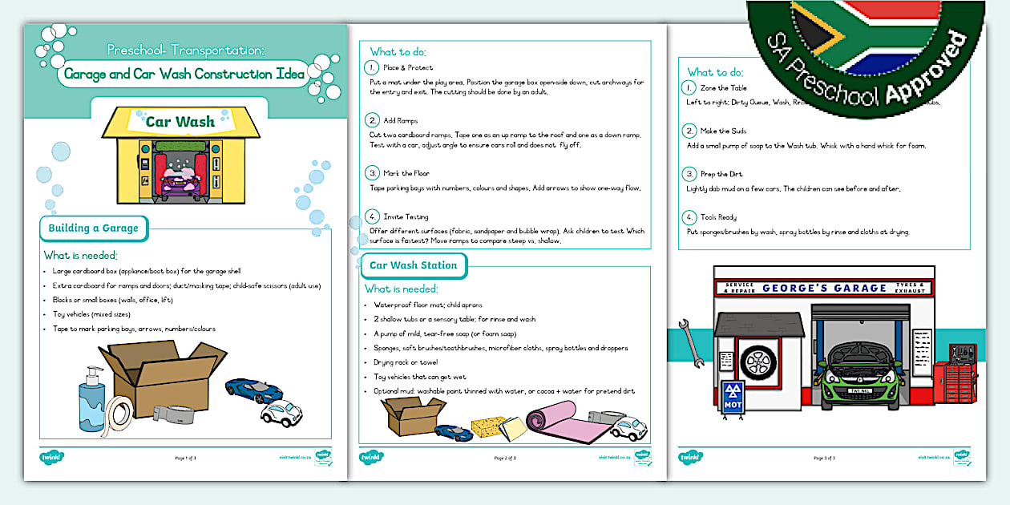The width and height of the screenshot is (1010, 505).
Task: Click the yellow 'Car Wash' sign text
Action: pyautogui.click(x=180, y=122)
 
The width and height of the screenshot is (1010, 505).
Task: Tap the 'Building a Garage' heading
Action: pyautogui.click(x=93, y=228)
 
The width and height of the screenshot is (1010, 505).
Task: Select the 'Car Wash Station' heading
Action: pyautogui.click(x=413, y=265)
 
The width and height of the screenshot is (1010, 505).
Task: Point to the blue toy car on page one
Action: pyautogui.click(x=253, y=390)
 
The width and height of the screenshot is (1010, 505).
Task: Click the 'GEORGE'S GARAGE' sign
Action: pyautogui.click(x=824, y=288)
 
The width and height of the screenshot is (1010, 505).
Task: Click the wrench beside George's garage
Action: pyautogui.click(x=692, y=341)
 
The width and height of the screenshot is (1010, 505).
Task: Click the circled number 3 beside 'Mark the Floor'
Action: pyautogui.click(x=372, y=173)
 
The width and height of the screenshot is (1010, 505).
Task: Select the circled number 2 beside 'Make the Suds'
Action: pyautogui.click(x=689, y=131)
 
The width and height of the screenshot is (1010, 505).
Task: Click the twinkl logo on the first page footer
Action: pyautogui.click(x=51, y=458)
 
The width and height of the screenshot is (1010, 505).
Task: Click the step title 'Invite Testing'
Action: pyautogui.click(x=406, y=216)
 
